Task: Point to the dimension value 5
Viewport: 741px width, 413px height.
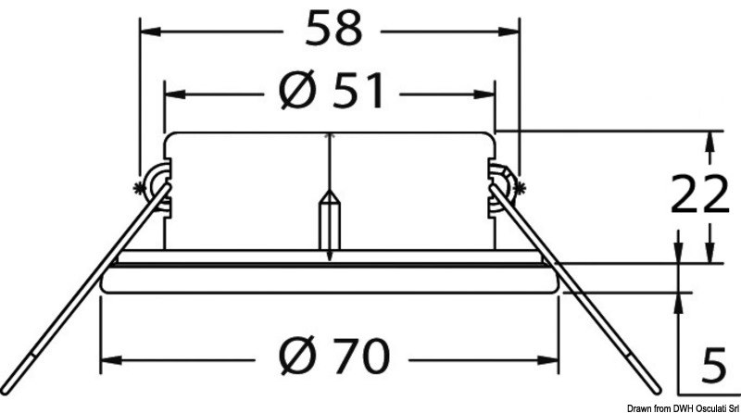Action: [710, 364]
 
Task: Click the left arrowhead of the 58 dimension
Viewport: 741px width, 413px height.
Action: [148, 30]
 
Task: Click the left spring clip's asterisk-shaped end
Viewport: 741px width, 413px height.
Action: [140, 188]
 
